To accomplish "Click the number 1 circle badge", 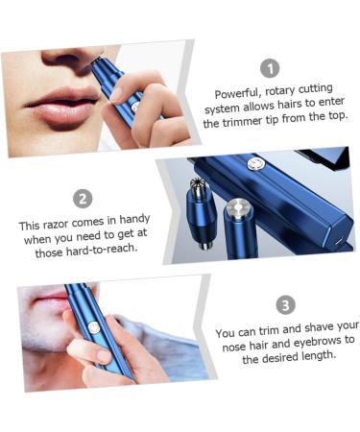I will click(271, 67).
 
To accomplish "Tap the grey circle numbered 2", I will click(84, 199).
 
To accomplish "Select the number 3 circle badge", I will click(285, 305).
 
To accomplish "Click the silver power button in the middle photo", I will click(256, 164).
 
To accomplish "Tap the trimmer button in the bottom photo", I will click(94, 327).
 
